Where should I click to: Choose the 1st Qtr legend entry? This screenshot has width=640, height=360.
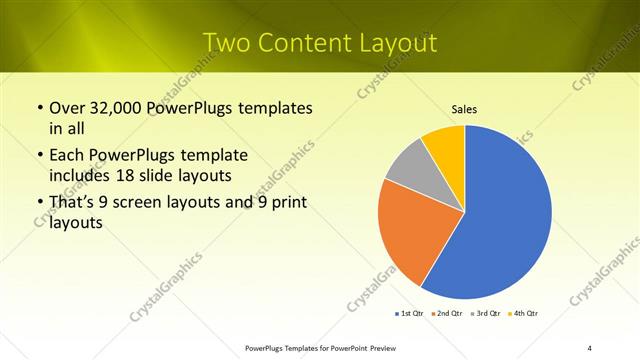(x=407, y=314)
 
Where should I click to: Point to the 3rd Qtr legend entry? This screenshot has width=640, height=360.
(x=484, y=314)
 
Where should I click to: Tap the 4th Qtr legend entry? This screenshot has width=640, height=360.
(x=523, y=314)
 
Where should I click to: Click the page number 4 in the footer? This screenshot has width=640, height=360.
(x=589, y=347)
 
